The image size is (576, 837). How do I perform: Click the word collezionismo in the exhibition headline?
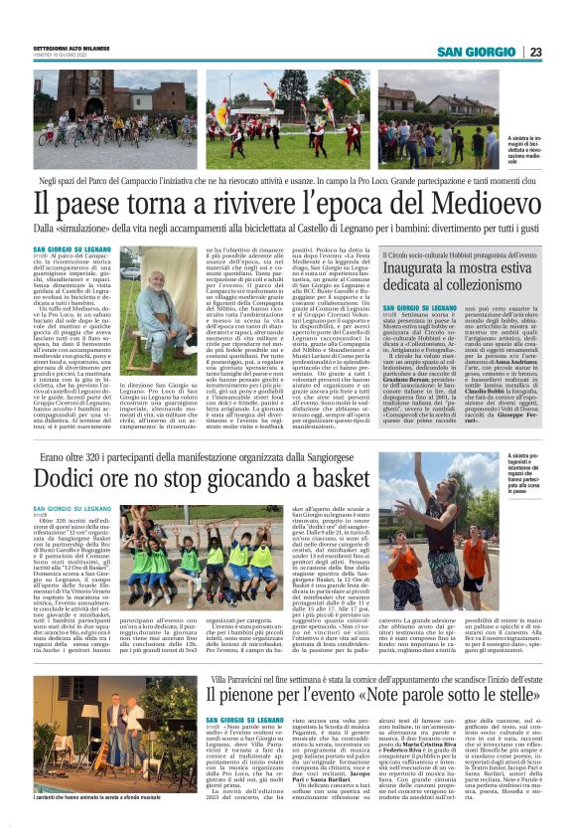coord(464,289)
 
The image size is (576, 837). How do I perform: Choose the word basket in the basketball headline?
coord(333,477)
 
